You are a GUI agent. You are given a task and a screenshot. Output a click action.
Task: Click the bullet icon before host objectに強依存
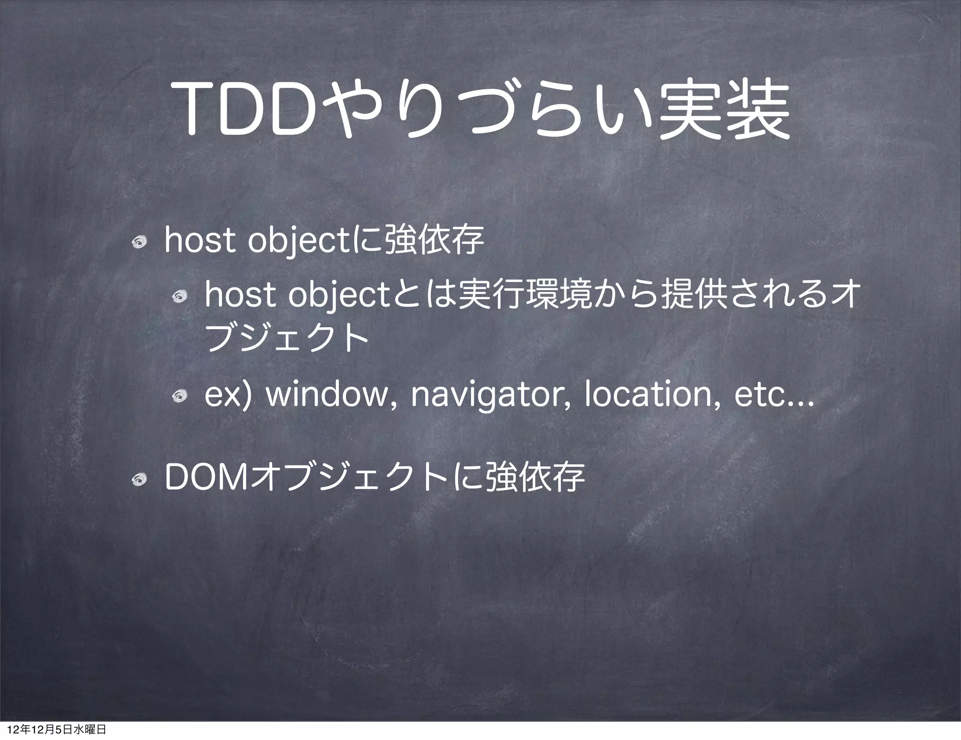click(140, 242)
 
